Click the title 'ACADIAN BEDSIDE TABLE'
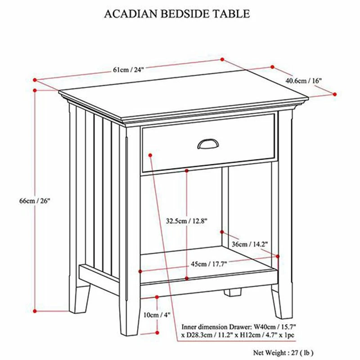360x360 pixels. (177, 14)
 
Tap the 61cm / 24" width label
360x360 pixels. (128, 69)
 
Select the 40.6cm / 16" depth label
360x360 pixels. (303, 80)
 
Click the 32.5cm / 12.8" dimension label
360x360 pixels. (186, 221)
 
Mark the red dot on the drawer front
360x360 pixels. (150, 154)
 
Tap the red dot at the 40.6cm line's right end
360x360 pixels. (335, 94)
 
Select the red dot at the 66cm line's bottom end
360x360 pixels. (35, 310)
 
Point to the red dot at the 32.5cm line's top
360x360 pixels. (186, 171)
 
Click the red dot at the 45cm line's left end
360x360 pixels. (141, 271)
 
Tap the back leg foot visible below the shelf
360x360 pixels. (232, 293)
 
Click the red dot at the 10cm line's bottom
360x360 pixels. (157, 332)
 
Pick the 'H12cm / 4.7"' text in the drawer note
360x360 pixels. (254, 335)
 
